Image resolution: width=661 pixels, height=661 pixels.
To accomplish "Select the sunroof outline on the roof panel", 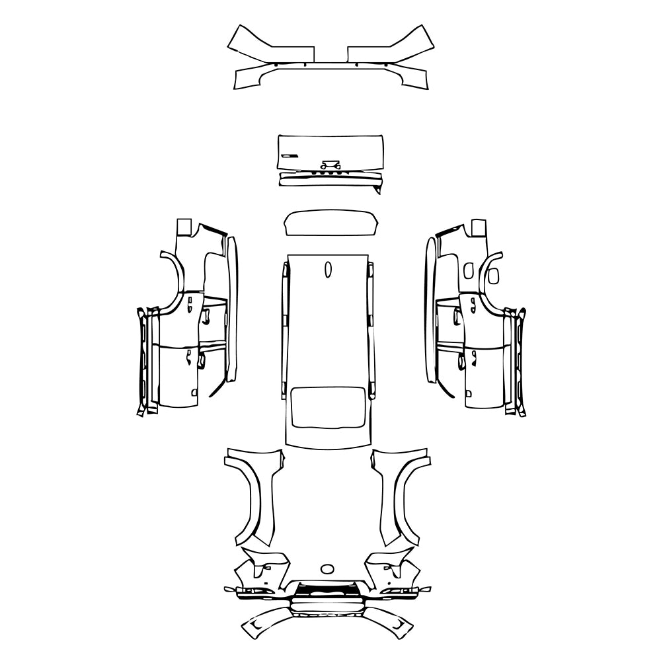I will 327,405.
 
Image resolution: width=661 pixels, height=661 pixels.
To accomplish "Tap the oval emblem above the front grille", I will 327,568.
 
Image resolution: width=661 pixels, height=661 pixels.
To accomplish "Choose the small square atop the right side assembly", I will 477,227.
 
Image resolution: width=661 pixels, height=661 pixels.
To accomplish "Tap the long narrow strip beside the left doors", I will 231,311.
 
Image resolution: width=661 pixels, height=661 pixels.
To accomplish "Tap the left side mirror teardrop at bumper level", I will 229,588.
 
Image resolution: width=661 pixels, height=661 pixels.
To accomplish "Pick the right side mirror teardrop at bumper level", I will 427,588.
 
